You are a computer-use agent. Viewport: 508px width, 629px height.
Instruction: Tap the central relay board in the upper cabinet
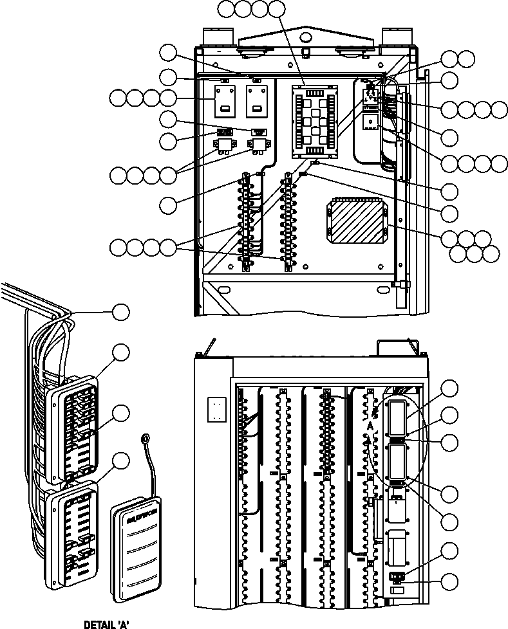coord(314,120)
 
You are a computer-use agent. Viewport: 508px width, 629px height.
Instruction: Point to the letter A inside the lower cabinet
coord(371,426)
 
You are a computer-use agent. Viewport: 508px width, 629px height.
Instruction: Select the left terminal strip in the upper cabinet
coord(245,220)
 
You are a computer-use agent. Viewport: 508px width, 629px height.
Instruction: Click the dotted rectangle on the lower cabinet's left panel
coord(217,409)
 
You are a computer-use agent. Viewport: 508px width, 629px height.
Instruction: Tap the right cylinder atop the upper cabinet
coord(392,37)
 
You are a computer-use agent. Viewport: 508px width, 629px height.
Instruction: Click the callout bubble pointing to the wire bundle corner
coord(120,313)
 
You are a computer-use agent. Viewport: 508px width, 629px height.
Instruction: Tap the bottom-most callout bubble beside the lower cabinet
coord(450,581)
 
